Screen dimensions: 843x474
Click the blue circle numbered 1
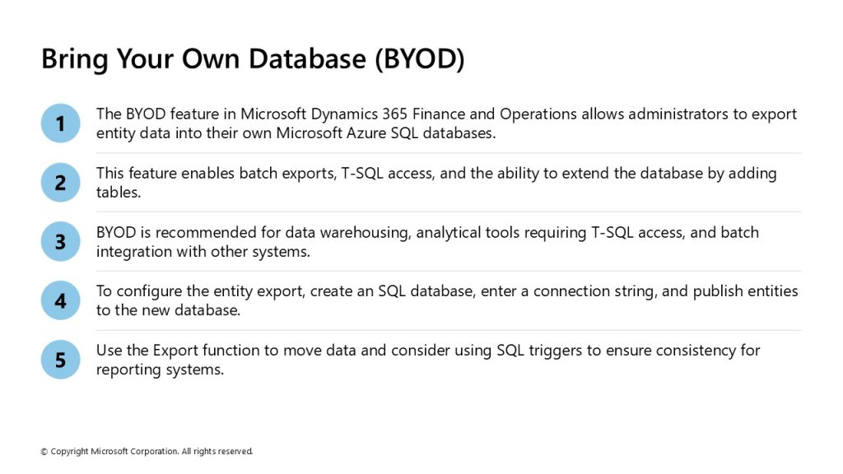(x=61, y=123)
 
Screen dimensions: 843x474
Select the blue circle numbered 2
(x=61, y=182)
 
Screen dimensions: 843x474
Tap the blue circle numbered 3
(x=61, y=241)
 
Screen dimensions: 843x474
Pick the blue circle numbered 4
(x=61, y=300)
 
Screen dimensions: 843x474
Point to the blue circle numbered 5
(x=61, y=360)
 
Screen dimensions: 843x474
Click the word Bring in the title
(x=75, y=59)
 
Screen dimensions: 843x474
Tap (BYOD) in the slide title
(x=419, y=58)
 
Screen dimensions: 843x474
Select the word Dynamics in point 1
(x=344, y=114)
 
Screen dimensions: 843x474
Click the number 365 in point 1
(x=395, y=114)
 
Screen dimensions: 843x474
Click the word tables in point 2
(x=119, y=192)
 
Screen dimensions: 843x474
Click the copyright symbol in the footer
(x=44, y=452)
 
